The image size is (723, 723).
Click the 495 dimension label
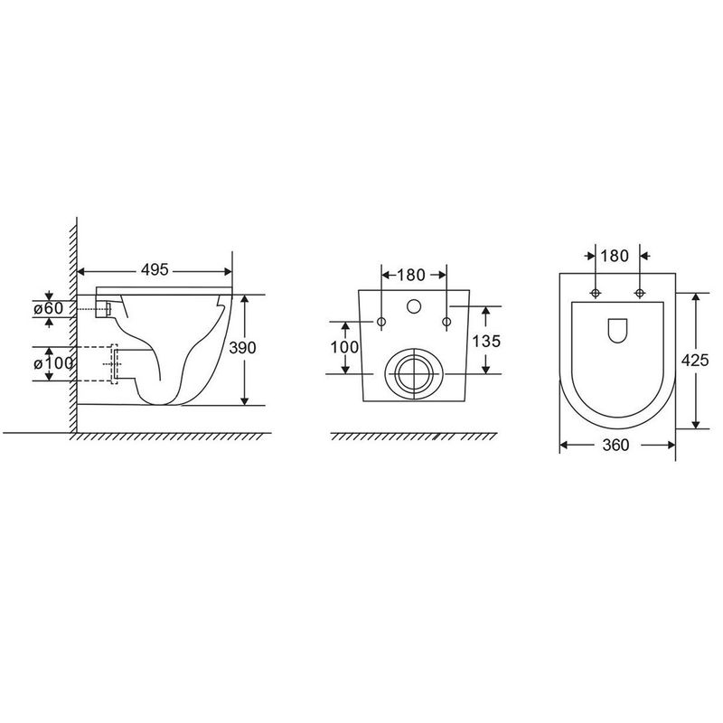(x=155, y=269)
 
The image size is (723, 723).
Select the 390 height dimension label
(x=242, y=348)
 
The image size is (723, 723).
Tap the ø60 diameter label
(x=49, y=308)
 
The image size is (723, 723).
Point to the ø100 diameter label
(x=53, y=364)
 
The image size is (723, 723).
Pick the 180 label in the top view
(x=615, y=256)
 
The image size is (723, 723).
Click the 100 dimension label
(x=344, y=347)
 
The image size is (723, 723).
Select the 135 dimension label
(x=486, y=342)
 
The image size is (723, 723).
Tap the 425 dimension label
(x=695, y=360)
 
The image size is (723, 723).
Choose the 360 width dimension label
(x=615, y=445)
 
